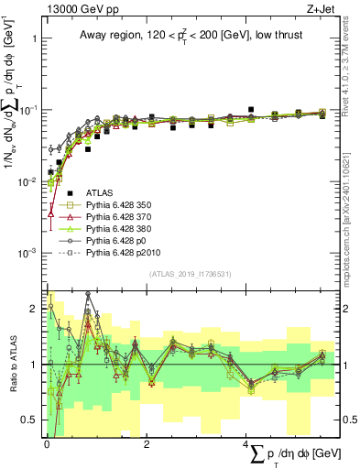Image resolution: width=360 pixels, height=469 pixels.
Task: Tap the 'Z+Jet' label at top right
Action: click(x=333, y=8)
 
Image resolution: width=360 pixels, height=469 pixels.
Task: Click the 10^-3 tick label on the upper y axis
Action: click(x=28, y=252)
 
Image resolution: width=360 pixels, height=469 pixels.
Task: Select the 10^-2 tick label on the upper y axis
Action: click(x=28, y=181)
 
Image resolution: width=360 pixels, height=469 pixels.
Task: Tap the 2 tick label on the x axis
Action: click(x=147, y=443)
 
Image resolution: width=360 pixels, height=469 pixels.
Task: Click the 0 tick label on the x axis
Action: click(x=47, y=443)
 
